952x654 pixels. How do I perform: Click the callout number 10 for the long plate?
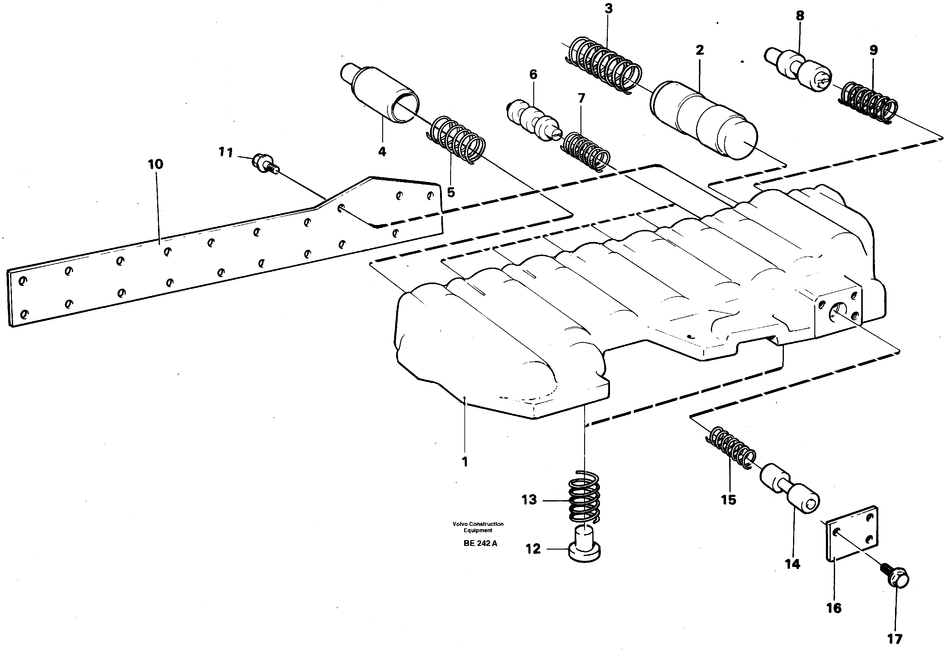[x=155, y=164]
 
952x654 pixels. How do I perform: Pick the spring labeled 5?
[x=456, y=140]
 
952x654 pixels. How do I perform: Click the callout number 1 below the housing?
[x=464, y=462]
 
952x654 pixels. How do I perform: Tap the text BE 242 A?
[x=480, y=544]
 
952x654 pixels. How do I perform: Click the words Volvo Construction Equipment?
[x=478, y=527]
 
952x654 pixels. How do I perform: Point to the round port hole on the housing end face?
[x=835, y=314]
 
